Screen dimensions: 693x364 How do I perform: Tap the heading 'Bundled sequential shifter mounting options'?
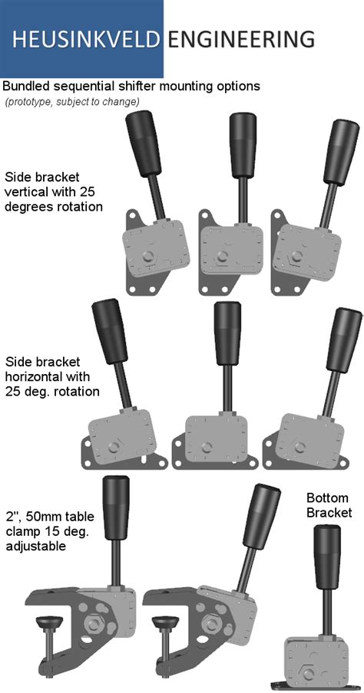click(x=131, y=87)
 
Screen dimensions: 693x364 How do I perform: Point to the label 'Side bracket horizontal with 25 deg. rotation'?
click(x=52, y=376)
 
